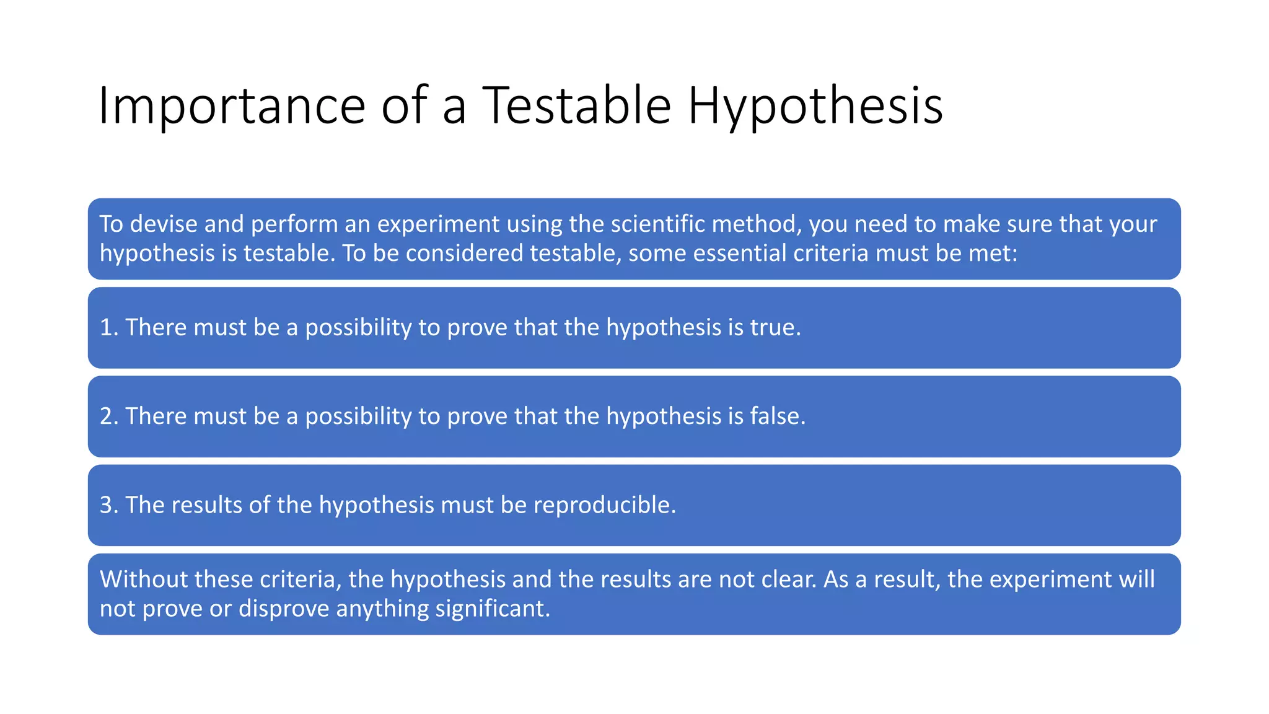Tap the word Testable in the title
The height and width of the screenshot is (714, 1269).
click(x=576, y=105)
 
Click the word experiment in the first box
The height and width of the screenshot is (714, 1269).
click(x=438, y=224)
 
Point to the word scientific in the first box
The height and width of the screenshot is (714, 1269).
click(x=657, y=224)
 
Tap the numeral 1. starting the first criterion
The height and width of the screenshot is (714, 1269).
click(x=108, y=327)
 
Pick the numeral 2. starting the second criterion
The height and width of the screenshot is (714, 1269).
click(x=108, y=416)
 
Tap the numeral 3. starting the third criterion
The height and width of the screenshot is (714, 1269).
click(x=108, y=505)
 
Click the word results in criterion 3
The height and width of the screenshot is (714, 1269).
click(x=206, y=505)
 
